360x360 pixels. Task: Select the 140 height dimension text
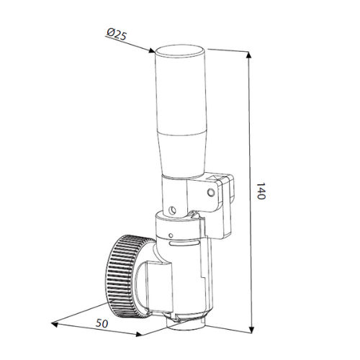point(261,192)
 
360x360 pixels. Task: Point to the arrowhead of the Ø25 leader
point(152,51)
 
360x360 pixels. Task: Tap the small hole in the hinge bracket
point(212,192)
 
